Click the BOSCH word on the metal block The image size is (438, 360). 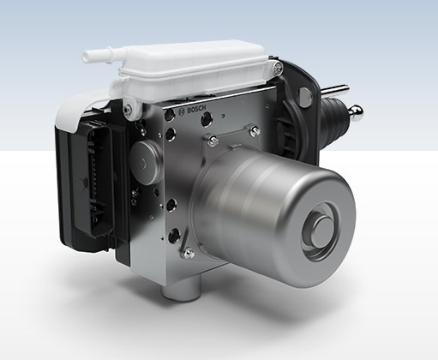[196, 110]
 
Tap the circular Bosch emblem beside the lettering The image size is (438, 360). [182, 112]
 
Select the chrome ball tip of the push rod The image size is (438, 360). [356, 112]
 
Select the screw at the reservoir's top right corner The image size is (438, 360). [278, 69]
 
